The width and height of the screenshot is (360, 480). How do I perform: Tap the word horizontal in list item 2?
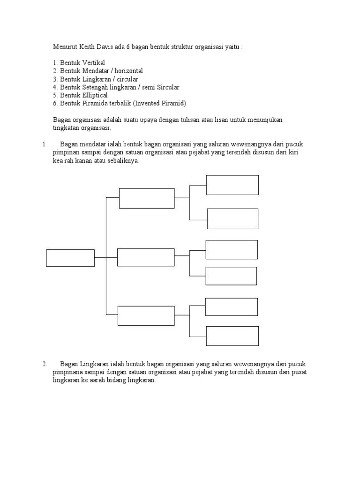click(127, 71)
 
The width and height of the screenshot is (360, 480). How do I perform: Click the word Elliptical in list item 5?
click(95, 95)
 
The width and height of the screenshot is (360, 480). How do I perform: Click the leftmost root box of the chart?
click(70, 258)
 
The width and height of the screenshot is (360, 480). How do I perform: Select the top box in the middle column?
click(147, 198)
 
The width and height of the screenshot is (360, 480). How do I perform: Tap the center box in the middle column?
click(146, 257)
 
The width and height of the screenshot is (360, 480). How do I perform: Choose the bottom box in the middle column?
click(146, 315)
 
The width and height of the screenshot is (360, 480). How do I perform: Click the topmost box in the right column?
click(232, 185)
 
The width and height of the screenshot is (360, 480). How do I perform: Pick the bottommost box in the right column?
click(232, 336)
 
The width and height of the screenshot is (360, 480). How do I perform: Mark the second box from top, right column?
click(232, 219)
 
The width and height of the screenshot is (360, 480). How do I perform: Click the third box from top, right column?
click(232, 249)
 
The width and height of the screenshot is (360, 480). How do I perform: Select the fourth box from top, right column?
click(231, 276)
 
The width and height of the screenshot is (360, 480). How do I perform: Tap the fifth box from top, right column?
click(231, 307)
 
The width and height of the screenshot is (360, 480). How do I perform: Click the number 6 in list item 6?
click(55, 103)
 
